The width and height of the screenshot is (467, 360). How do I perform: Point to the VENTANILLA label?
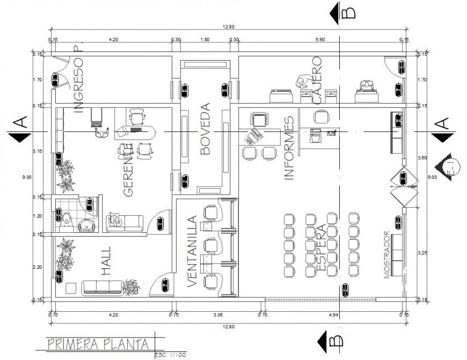(x=192, y=252)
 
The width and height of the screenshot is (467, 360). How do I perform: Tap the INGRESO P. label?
(x=79, y=79)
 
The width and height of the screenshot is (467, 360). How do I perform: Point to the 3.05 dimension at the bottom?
(x=218, y=314)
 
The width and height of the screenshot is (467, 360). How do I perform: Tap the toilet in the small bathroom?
(x=65, y=219)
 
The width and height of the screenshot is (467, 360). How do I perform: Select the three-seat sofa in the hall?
(x=102, y=288)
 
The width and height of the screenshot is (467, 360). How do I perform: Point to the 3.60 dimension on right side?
(x=421, y=158)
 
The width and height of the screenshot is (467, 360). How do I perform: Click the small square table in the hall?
(x=71, y=288)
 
